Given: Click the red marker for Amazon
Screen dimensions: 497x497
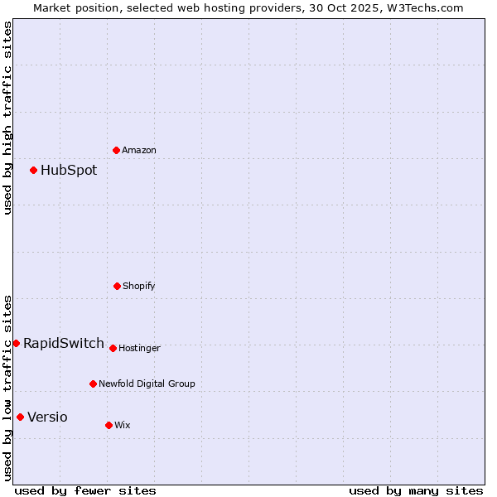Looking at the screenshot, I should pos(116,150).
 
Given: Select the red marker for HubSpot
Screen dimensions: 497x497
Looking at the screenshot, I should pos(34,170).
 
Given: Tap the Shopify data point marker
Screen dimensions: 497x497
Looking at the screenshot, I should pos(117,286).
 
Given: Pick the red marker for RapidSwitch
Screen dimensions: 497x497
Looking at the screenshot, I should pos(16,343).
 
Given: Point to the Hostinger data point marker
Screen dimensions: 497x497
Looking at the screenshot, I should pos(113,348).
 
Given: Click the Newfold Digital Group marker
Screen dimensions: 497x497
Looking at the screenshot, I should pos(93,384).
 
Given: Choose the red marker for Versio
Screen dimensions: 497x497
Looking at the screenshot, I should pos(20,417).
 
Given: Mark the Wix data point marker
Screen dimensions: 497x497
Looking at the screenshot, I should pos(109,425).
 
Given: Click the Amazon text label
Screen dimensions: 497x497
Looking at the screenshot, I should pos(139,150).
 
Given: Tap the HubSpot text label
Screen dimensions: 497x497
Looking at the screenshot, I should pos(69,170).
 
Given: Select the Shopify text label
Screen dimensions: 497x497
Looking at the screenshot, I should pos(139,286).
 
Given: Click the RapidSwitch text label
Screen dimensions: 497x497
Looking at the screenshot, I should pos(64,343).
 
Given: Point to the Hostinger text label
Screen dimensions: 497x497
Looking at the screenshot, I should pos(139,348).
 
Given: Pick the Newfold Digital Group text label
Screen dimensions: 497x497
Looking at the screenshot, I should pos(147,384).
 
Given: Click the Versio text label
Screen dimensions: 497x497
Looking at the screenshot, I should pos(47,417).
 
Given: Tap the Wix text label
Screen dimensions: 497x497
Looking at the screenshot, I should pos(123,425).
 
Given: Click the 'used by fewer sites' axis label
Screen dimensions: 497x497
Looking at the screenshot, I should pos(85,490).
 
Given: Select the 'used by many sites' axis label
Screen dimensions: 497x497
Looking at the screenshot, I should pos(416,490).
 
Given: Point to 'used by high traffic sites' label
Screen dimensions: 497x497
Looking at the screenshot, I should pos(7,118).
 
